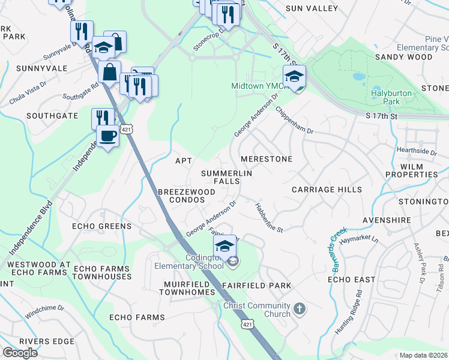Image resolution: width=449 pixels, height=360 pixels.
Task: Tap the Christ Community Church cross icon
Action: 299,310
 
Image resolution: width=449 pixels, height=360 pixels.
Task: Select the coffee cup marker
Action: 107,136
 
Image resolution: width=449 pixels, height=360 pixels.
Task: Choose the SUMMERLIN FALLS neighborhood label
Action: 227,177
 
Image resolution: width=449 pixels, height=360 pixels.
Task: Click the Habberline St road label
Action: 268,216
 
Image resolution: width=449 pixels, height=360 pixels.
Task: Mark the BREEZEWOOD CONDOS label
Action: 186,195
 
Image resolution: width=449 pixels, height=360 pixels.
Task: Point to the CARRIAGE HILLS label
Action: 327,190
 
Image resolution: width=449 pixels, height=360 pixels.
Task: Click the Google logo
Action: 20,353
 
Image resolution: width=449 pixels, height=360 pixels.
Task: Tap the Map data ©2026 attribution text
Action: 424,355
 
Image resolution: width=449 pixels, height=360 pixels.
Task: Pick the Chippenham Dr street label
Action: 294,121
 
